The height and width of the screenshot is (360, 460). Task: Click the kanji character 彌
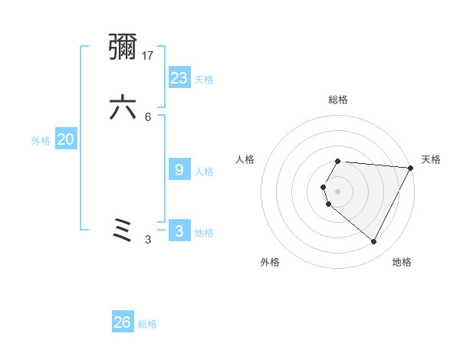tap(123, 48)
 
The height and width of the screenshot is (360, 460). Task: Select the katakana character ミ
tap(123, 231)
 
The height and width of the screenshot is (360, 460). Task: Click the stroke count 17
tap(149, 55)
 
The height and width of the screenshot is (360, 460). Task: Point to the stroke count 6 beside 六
tap(148, 116)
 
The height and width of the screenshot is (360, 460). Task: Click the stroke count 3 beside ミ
tap(148, 240)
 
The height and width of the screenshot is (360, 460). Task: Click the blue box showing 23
tap(179, 77)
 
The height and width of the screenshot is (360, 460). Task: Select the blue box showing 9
tap(179, 170)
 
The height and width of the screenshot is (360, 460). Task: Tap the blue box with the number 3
tap(179, 231)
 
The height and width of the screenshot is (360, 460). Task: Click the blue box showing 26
tap(123, 322)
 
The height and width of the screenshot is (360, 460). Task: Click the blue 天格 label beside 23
tap(204, 80)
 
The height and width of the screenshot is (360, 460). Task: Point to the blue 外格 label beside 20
tap(41, 141)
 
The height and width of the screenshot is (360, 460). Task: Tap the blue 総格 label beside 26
tap(147, 325)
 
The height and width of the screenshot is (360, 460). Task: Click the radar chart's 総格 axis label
tap(338, 100)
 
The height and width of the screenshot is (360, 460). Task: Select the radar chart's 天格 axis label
tap(431, 159)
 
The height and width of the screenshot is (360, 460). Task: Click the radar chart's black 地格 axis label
tap(402, 263)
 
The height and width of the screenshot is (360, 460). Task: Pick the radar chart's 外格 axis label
tap(270, 263)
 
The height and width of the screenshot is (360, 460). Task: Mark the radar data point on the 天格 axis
tap(411, 168)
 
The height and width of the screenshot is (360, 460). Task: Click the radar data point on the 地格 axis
tap(374, 242)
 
